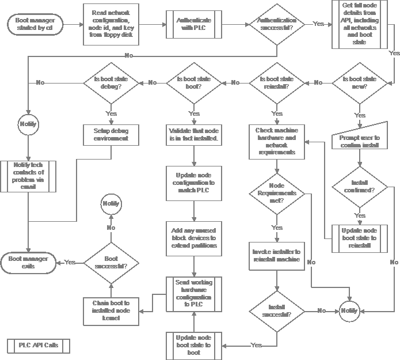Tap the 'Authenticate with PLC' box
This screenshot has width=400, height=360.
(193, 25)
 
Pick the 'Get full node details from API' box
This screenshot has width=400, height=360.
(359, 25)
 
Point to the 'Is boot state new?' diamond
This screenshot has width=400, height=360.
(360, 83)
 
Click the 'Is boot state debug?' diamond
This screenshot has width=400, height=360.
(111, 83)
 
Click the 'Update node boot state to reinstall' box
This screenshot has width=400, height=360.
(360, 238)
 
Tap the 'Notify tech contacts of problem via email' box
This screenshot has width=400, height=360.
(28, 176)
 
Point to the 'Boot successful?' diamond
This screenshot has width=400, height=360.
(111, 263)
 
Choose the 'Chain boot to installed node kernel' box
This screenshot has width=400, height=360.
(111, 306)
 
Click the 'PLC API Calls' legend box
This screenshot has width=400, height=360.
(39, 346)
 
